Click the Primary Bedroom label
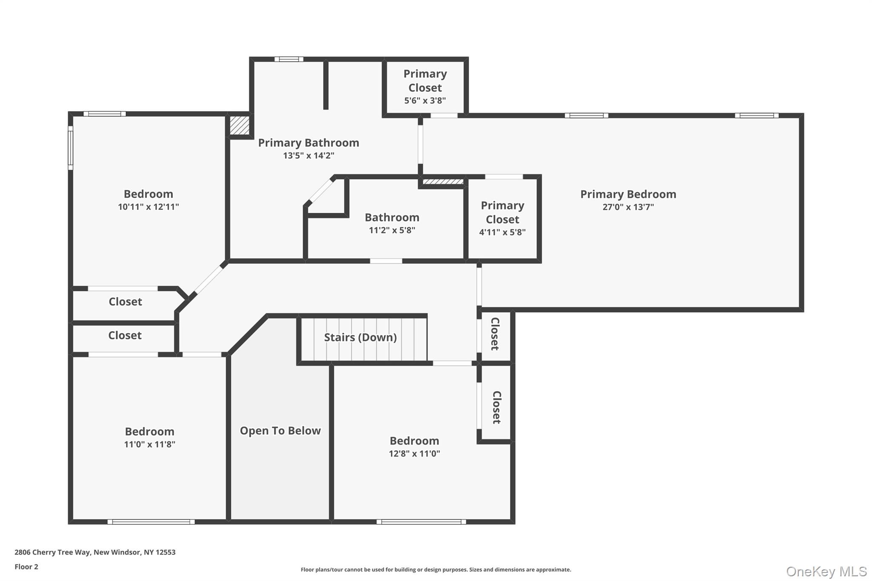(x=628, y=194)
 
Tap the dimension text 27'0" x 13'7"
(x=628, y=207)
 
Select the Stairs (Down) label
(x=360, y=338)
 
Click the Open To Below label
(x=280, y=431)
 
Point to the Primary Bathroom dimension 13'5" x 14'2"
(x=308, y=156)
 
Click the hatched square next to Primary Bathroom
(x=239, y=126)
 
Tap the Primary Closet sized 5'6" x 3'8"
(x=425, y=87)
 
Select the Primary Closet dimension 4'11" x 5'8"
(x=502, y=232)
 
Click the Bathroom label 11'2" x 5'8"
(x=392, y=218)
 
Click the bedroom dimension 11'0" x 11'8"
(x=149, y=444)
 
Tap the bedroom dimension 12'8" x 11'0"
(x=414, y=454)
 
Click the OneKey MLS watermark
(x=826, y=571)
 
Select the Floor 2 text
(x=26, y=567)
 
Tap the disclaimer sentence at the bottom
(x=436, y=570)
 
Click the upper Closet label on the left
(x=125, y=302)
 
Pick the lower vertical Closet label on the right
(x=496, y=407)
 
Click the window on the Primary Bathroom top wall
(x=289, y=59)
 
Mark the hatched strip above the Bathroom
(x=443, y=182)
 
